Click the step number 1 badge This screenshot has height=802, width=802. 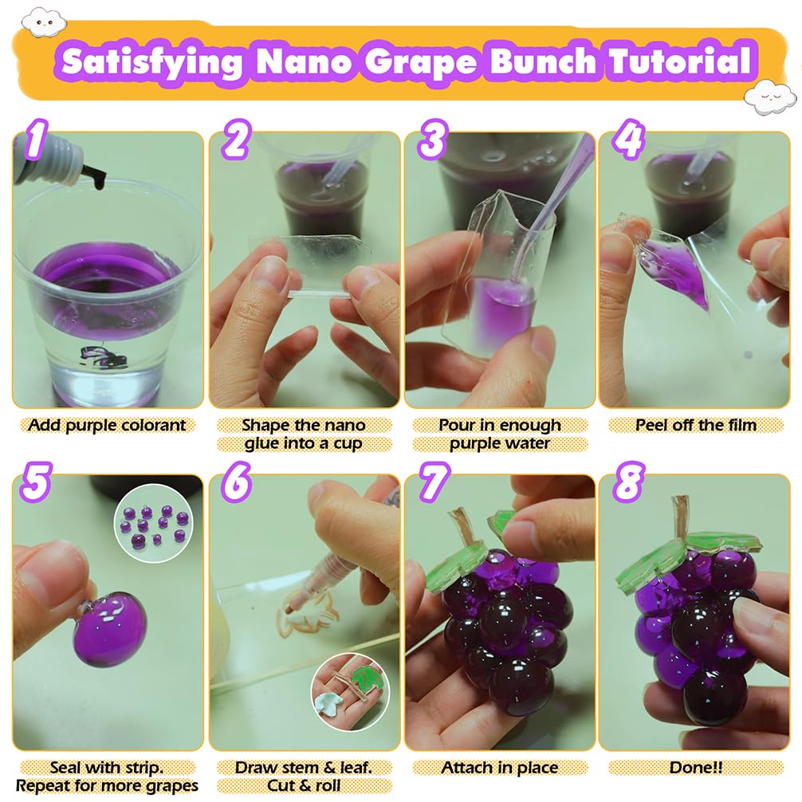point(35,139)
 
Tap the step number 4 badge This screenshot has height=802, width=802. point(629,139)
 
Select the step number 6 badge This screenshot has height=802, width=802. point(236,482)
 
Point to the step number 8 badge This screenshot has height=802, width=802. point(629,482)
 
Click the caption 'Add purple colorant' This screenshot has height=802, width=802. point(107,426)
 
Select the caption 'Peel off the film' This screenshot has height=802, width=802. point(696,426)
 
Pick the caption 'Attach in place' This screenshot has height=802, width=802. point(499,768)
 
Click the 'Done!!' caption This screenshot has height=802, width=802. point(696,768)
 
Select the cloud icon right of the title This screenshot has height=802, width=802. point(770,96)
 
